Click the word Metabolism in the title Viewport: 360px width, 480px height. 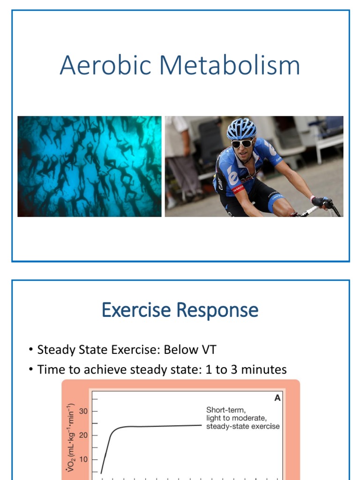click(230, 65)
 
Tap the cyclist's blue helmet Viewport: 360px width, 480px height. click(241, 128)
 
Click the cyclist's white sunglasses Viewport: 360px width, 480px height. click(242, 143)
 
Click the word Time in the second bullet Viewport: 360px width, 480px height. click(50, 369)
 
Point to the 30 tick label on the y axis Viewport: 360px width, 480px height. click(83, 411)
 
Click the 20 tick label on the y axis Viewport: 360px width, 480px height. click(83, 435)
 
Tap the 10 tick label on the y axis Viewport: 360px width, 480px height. click(83, 459)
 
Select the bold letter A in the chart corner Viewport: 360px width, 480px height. click(277, 398)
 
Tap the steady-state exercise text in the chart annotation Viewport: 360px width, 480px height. click(243, 426)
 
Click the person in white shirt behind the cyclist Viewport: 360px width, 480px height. click(180, 155)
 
